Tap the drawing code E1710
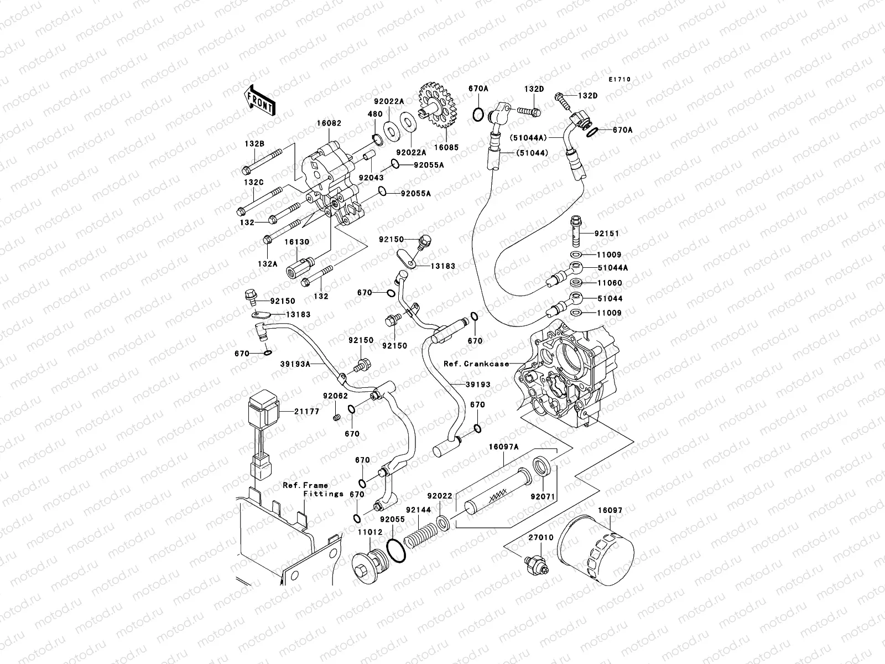point(619,80)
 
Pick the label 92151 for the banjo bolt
point(608,234)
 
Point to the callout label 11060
point(609,283)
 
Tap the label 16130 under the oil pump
point(297,242)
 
